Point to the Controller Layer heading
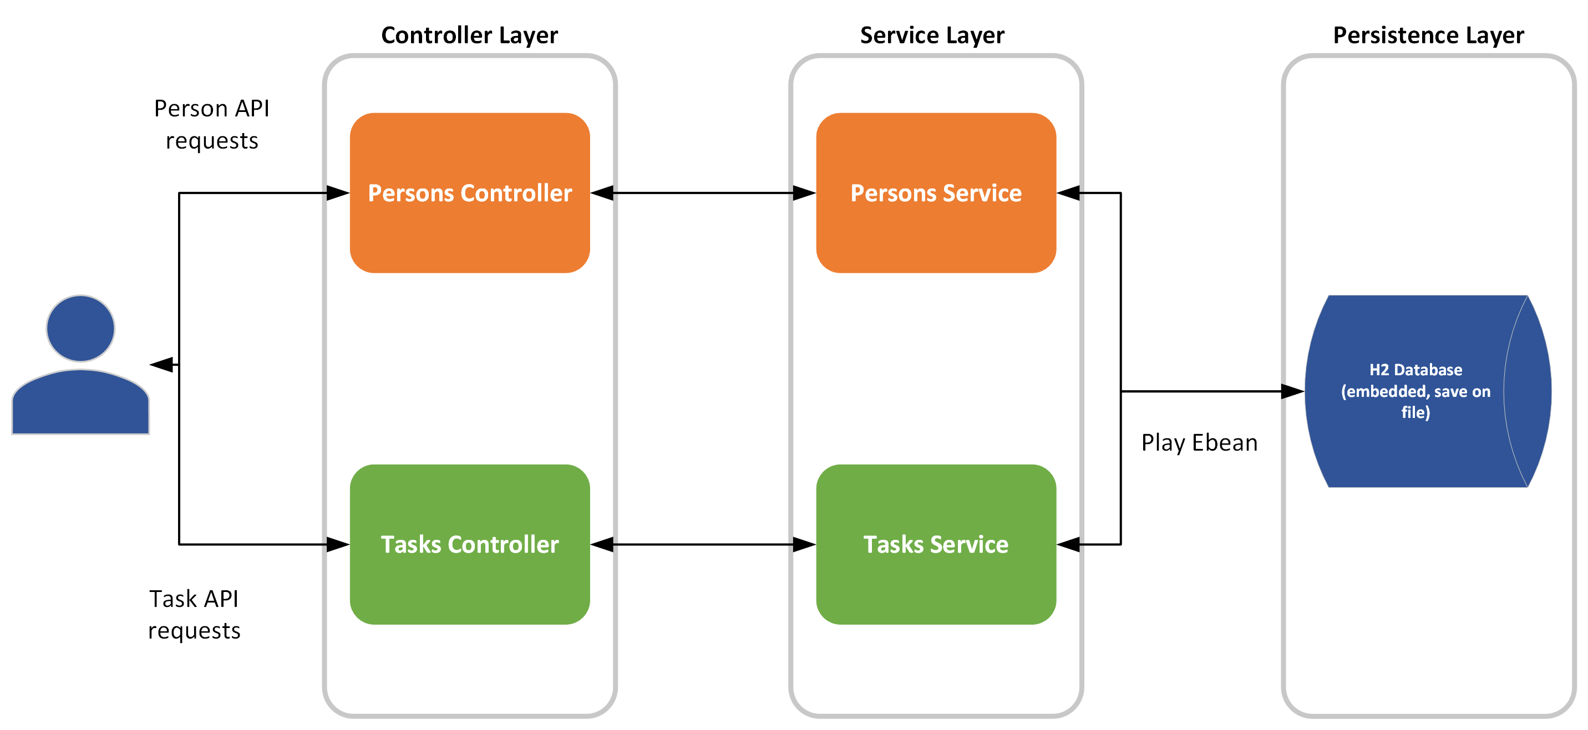pos(469,35)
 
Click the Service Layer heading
pos(931,35)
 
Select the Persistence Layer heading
pos(1428,35)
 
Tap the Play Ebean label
pos(1199,442)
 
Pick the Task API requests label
pos(194,614)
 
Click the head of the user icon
pos(80,328)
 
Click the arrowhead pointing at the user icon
pos(161,365)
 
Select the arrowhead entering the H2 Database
pos(1292,391)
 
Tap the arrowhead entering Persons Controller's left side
pos(338,193)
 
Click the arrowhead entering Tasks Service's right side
pos(1068,544)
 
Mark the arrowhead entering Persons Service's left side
pos(804,193)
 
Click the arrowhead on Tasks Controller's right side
pos(602,544)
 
